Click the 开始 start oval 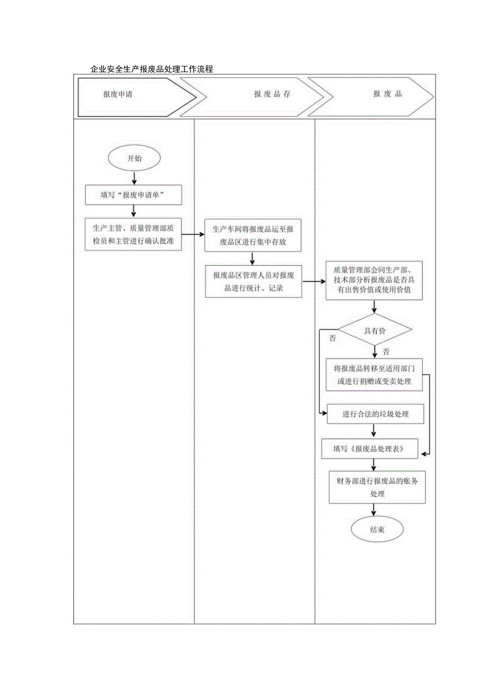click(134, 158)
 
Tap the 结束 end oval click(377, 530)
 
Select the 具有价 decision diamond click(374, 330)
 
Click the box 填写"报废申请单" click(134, 195)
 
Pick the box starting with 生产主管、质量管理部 click(134, 234)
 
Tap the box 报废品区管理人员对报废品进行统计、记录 click(254, 281)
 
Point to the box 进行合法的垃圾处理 click(376, 414)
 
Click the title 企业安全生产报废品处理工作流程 click(152, 69)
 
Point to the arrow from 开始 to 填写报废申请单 click(134, 178)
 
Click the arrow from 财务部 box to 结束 click(375, 510)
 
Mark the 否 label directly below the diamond click(386, 352)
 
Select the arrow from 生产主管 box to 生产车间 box click(194, 234)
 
